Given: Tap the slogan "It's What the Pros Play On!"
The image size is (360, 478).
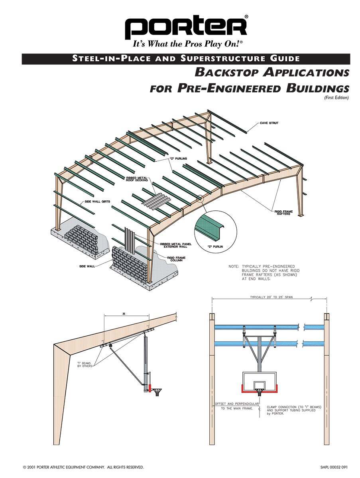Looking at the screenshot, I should click(x=186, y=44).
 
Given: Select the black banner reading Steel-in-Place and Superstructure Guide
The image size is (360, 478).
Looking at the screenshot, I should click(x=186, y=59).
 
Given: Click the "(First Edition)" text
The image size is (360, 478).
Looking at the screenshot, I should click(x=336, y=98).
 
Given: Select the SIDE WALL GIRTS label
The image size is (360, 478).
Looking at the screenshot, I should click(x=96, y=202).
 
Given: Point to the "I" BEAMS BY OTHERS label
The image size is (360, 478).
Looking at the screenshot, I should click(x=85, y=364).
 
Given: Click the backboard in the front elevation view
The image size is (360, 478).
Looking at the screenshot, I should click(x=260, y=381).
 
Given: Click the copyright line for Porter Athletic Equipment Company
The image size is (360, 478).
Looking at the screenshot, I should click(x=83, y=466).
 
